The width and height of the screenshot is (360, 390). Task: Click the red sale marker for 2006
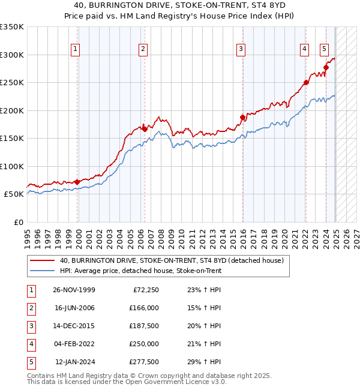pos(145,128)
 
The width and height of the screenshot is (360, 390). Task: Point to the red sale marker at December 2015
pos(243,117)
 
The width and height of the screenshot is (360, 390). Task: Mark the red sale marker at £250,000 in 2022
pos(305,83)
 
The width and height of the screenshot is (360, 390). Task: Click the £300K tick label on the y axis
pos(12,55)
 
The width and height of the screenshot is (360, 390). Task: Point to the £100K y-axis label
pos(12,166)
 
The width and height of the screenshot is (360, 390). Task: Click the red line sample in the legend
pos(43,260)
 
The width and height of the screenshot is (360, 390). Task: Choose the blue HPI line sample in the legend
pos(43,271)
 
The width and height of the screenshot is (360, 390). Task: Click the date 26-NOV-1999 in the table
pos(74,290)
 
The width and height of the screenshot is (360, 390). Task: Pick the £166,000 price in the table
pos(143,308)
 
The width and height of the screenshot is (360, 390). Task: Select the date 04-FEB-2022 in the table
pos(74,344)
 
